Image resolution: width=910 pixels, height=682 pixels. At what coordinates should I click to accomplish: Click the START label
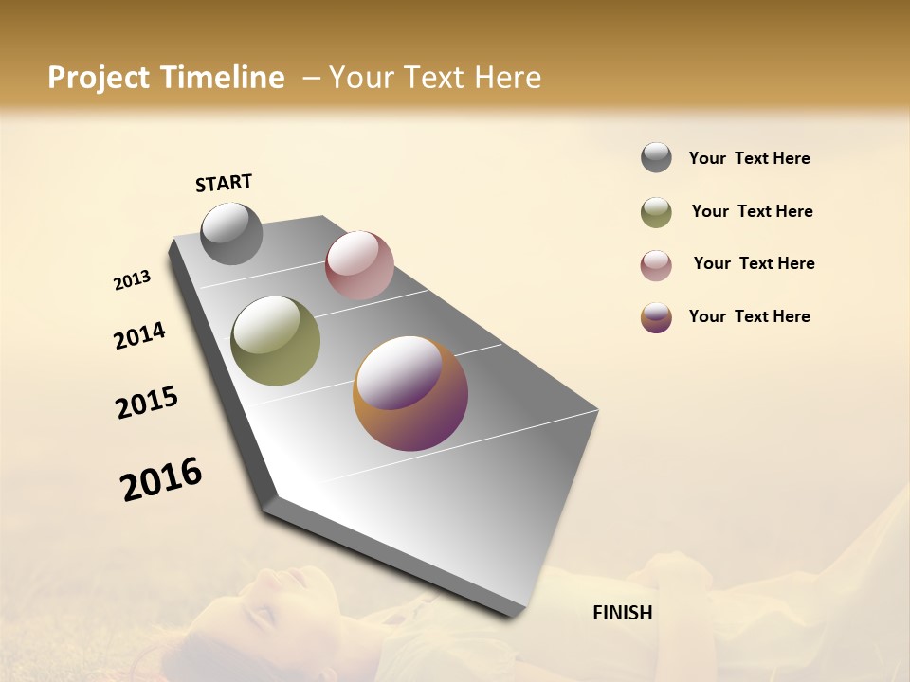click(x=224, y=183)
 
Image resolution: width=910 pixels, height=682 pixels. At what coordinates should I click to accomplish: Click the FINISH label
click(x=622, y=613)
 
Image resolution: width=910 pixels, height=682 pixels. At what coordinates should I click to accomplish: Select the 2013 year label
click(x=132, y=280)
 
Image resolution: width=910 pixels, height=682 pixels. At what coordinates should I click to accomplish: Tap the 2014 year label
click(x=139, y=336)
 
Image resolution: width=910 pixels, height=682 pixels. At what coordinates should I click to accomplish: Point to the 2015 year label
click(x=147, y=403)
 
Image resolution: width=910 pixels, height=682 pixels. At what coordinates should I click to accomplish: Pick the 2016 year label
click(x=161, y=479)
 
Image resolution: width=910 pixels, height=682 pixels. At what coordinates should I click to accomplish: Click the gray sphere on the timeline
click(x=231, y=233)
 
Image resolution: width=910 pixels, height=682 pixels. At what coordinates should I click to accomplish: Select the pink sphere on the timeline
click(x=359, y=265)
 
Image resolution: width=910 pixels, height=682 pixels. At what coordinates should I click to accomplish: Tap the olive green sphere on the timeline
click(x=275, y=341)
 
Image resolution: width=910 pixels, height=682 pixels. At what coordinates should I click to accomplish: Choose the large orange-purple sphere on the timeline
click(x=410, y=393)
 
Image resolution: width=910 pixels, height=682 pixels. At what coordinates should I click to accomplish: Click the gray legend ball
click(x=656, y=157)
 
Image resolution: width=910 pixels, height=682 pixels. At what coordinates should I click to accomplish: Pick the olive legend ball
click(x=656, y=212)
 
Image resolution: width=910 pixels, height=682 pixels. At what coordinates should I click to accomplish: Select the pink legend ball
click(x=656, y=265)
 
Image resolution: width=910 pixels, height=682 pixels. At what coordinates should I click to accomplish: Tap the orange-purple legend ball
click(x=656, y=317)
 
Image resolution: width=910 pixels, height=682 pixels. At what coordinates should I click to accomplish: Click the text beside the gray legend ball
click(x=749, y=158)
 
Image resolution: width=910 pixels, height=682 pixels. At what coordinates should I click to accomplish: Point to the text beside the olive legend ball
click(x=752, y=211)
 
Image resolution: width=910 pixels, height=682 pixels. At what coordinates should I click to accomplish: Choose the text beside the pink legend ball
click(x=754, y=263)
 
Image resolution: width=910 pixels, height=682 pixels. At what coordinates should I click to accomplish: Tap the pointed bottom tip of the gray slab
click(x=512, y=614)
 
